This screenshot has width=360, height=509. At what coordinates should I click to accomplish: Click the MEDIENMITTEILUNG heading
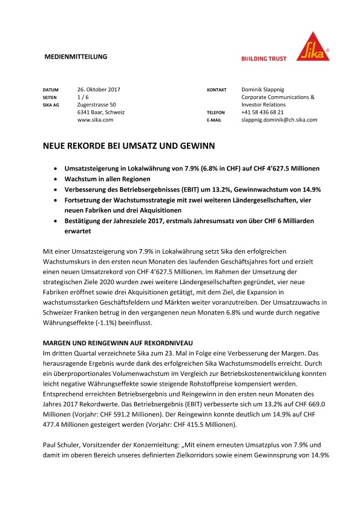76,57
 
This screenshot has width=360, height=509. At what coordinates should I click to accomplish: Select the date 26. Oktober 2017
99,89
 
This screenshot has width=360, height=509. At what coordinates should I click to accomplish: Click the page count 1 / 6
84,97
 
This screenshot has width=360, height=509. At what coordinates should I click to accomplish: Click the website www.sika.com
96,120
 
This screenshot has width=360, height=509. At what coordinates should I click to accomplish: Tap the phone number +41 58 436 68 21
270,112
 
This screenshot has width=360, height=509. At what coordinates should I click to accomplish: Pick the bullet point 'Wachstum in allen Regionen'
105,180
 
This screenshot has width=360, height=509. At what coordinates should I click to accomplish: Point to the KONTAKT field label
217,89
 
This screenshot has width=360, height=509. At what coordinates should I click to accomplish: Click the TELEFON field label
216,112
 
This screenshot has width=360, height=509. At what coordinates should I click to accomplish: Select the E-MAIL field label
214,120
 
